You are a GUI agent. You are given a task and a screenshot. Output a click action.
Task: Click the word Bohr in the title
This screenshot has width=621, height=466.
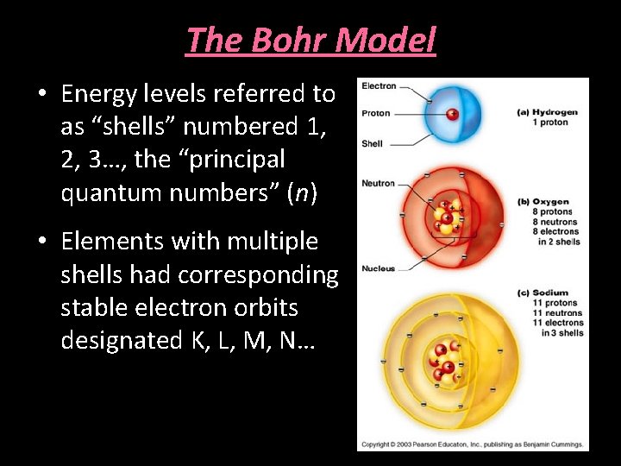[275, 40]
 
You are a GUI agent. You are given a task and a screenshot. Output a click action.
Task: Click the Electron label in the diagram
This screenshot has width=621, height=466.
[379, 85]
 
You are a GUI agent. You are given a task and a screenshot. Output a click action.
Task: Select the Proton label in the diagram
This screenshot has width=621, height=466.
[376, 113]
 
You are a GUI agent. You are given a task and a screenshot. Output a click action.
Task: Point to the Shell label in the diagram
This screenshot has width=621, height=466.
[372, 143]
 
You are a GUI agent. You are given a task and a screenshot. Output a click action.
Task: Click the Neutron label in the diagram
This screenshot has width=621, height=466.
[378, 183]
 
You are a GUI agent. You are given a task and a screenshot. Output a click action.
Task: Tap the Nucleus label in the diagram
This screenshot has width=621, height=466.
[378, 268]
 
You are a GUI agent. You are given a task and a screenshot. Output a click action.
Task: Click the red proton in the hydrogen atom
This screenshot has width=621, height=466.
[453, 114]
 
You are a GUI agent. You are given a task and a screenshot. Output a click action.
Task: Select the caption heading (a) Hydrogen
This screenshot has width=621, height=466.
[548, 112]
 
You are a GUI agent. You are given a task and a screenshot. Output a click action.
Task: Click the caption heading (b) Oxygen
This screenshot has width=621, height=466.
[543, 202]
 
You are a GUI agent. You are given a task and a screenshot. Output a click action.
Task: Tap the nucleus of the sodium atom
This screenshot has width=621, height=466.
[445, 362]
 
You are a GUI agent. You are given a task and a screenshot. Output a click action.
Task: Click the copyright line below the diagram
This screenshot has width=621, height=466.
[473, 444]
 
